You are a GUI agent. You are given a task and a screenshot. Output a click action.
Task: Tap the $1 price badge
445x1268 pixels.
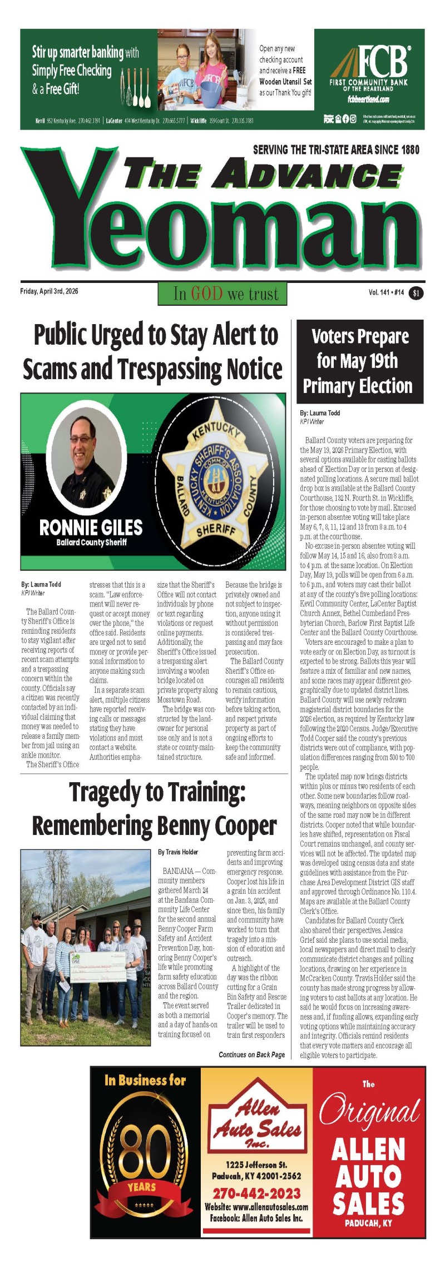[416, 293]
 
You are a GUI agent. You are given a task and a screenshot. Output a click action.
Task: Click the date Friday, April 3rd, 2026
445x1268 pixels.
[49, 291]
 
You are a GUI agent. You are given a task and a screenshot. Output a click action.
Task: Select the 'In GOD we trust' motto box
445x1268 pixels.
[222, 294]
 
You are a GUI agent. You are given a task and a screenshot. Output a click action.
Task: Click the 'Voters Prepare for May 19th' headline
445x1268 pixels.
[360, 361]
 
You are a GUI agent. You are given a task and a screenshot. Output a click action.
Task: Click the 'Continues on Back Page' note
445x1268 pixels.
[251, 1055]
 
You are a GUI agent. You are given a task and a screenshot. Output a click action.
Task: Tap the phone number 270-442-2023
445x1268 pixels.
[256, 1194]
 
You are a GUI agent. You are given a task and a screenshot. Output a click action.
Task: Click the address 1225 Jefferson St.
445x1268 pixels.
[256, 1164]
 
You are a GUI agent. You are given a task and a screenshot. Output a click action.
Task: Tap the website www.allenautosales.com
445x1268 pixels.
[256, 1207]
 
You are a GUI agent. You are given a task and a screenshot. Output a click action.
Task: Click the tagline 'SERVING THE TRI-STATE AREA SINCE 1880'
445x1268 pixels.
[336, 150]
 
